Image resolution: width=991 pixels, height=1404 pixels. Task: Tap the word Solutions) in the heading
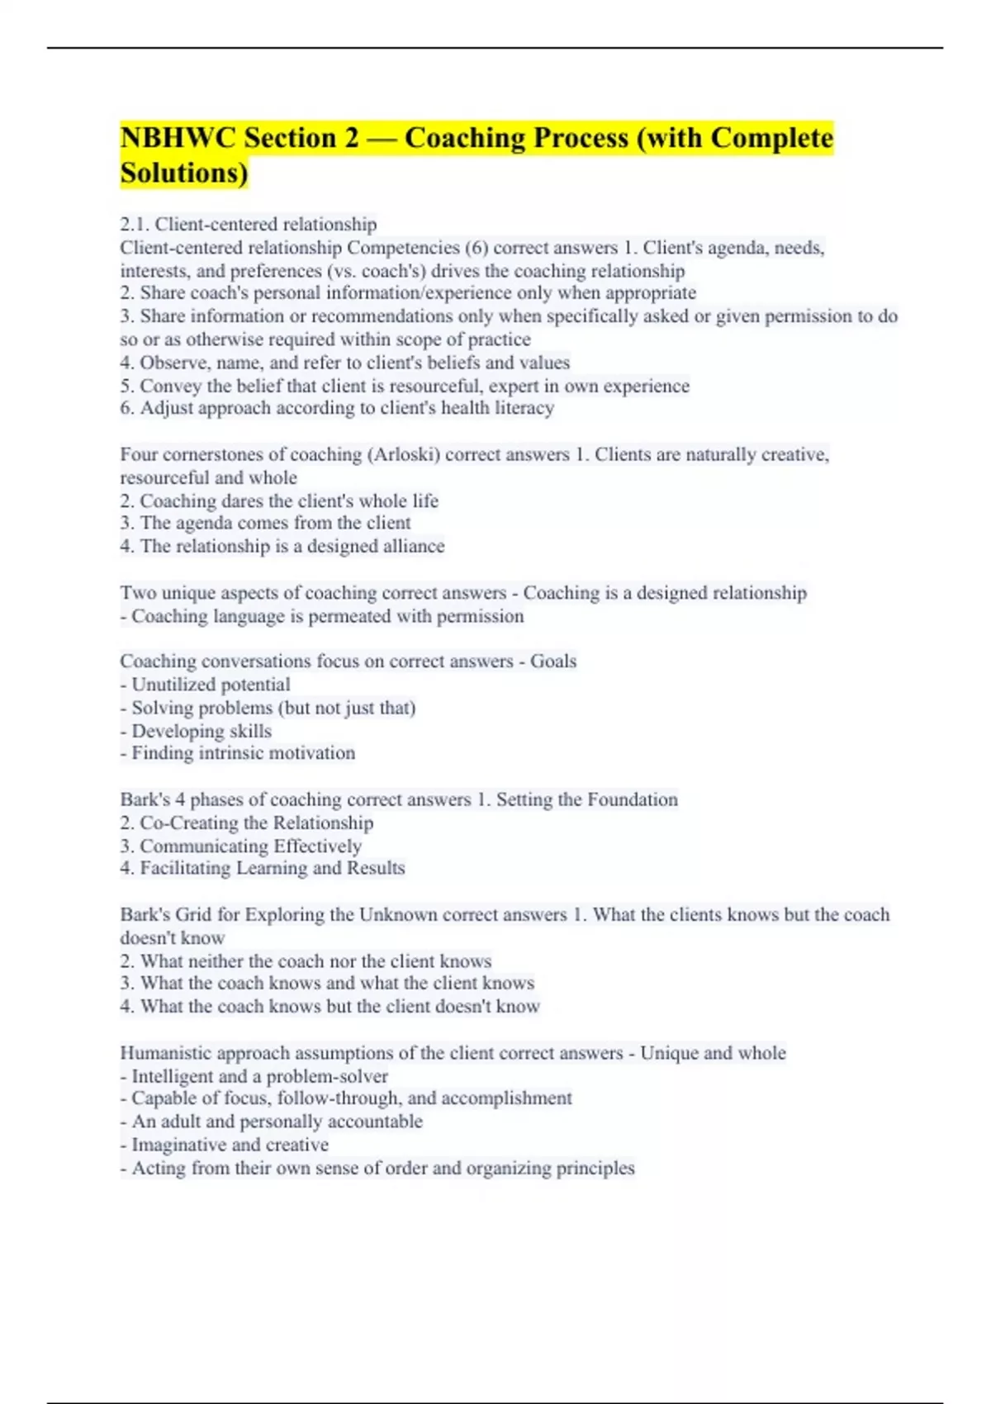(184, 173)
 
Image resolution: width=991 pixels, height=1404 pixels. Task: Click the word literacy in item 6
(524, 408)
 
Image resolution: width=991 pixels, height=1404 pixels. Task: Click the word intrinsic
(233, 753)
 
